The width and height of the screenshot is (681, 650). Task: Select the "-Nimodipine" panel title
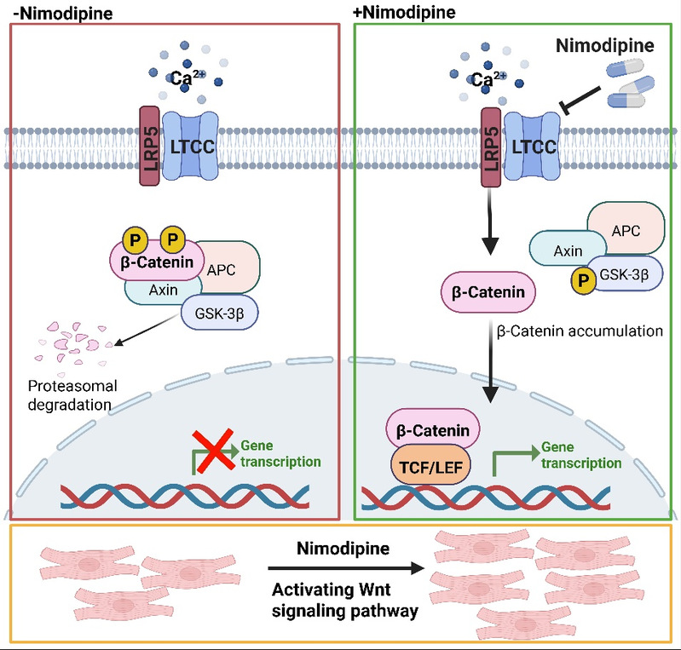(x=53, y=13)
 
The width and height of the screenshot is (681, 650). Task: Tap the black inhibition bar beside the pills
(x=588, y=103)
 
